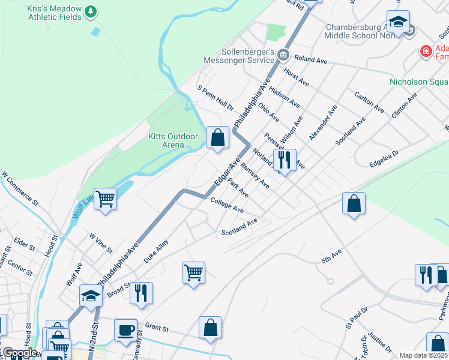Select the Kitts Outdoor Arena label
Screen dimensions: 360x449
click(x=173, y=140)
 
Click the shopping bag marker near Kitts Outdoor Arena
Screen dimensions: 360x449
click(x=217, y=138)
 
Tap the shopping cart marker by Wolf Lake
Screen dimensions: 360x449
click(x=106, y=198)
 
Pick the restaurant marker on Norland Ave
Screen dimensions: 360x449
click(x=285, y=160)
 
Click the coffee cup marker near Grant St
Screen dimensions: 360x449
click(x=126, y=330)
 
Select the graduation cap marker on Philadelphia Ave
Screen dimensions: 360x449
click(x=91, y=296)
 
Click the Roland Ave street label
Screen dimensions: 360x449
click(x=310, y=61)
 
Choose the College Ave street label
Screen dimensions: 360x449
click(x=226, y=205)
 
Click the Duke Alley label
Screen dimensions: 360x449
click(x=155, y=252)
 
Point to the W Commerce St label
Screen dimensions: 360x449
click(x=20, y=187)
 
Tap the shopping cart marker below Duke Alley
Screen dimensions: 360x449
click(x=193, y=272)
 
